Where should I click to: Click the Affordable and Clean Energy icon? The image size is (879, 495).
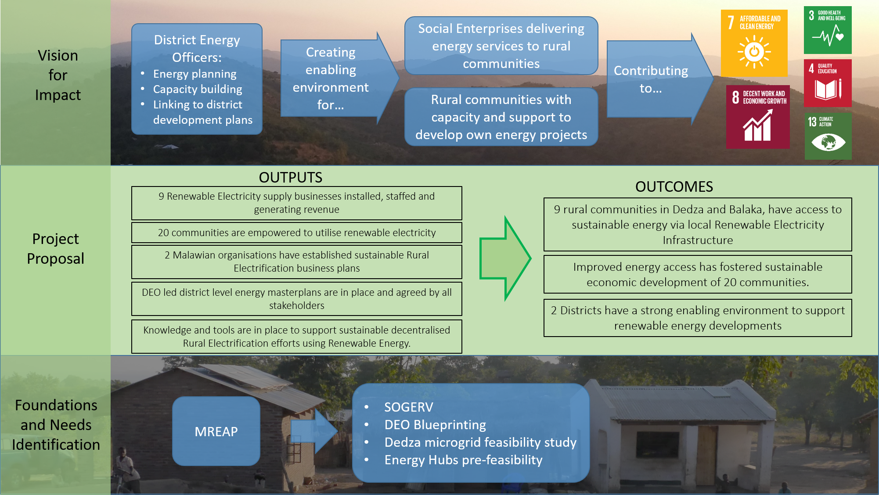(754, 43)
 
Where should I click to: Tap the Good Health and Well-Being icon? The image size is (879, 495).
(828, 30)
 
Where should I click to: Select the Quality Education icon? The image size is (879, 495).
(828, 83)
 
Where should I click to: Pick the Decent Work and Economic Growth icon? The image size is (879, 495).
(757, 117)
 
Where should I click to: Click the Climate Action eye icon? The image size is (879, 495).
(828, 141)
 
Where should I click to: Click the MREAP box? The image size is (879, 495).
(216, 431)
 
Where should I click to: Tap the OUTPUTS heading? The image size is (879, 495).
(290, 177)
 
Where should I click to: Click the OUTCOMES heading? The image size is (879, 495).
(674, 187)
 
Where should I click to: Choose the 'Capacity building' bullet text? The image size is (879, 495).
(198, 89)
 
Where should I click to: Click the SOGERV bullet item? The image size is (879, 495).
(408, 407)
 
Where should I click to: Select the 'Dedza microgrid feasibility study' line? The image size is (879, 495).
(480, 442)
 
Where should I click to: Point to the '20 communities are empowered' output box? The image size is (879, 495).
(296, 233)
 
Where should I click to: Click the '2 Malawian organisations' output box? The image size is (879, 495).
(296, 262)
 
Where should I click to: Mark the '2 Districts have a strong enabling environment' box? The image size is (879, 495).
(697, 318)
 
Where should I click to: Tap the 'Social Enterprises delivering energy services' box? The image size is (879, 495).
(501, 46)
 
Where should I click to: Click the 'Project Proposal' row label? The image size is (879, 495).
(55, 248)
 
